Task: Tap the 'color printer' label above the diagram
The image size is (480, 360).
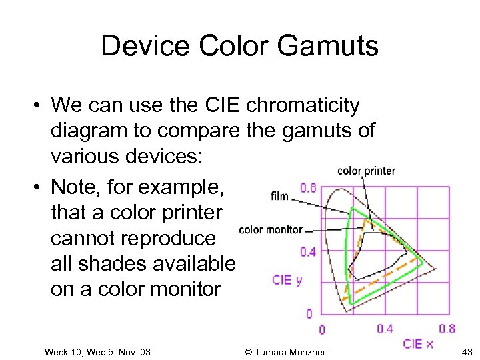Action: tap(366, 171)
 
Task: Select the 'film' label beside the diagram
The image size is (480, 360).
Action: tap(279, 196)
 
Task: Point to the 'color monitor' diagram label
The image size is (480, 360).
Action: tap(271, 230)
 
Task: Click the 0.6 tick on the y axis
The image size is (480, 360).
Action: tap(308, 188)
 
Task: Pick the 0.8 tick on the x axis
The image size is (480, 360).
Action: tap(447, 328)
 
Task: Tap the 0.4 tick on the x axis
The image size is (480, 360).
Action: tap(385, 328)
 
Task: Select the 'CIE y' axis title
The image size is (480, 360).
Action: tap(287, 280)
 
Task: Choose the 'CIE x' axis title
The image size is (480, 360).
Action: tap(418, 344)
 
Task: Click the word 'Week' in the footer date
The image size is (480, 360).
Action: tap(57, 351)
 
